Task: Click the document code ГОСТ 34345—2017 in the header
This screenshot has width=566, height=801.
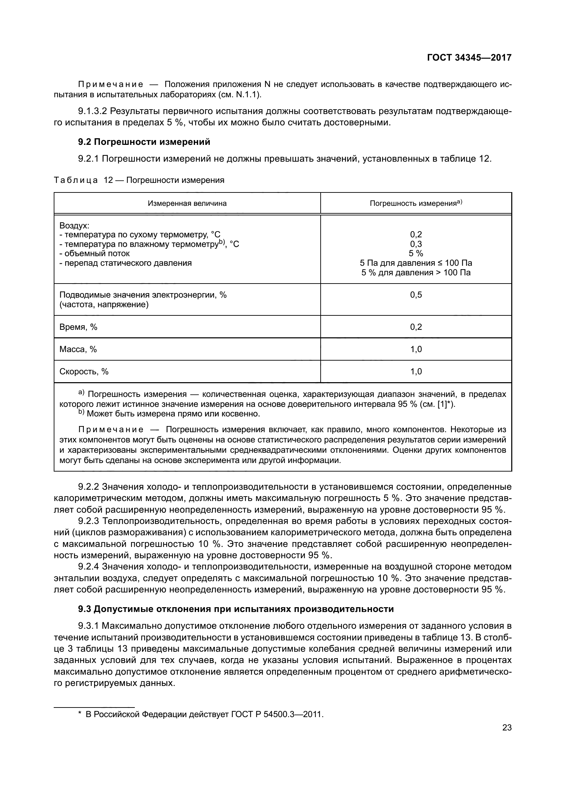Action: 469,58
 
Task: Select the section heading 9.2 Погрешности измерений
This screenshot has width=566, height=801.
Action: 144,142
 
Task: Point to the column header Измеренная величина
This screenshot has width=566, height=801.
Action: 187,203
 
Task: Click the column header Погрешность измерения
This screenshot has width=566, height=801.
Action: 413,203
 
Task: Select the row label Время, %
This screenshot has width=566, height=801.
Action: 78,327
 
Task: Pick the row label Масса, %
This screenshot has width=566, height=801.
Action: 78,349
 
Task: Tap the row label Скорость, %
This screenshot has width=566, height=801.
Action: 84,372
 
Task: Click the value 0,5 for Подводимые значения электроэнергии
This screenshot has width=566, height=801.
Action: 416,295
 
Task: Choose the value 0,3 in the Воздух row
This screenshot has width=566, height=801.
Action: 416,244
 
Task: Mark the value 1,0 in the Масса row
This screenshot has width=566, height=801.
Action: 416,349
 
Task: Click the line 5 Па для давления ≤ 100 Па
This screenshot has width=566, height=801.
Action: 416,263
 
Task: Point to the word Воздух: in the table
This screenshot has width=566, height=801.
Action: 74,225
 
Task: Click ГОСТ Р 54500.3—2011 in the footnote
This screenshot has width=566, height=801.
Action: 277,714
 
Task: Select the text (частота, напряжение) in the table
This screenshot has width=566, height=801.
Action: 104,304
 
